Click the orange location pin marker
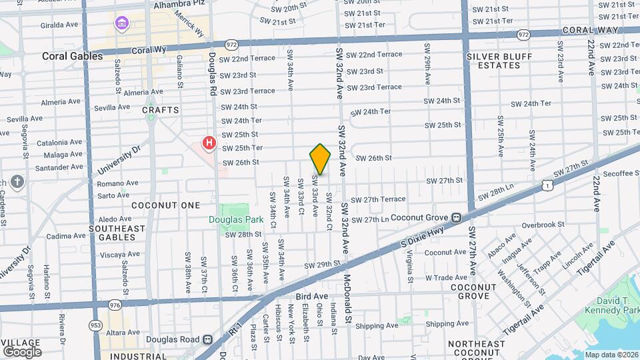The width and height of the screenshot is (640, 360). pyautogui.click(x=320, y=159)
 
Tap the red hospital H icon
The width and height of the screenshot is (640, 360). pyautogui.click(x=209, y=143)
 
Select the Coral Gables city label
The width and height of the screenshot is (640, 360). pyautogui.click(x=72, y=56)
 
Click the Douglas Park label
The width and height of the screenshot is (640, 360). pyautogui.click(x=229, y=219)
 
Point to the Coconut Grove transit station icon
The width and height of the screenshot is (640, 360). pyautogui.click(x=457, y=217)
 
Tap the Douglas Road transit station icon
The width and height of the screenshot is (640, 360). pyautogui.click(x=207, y=339)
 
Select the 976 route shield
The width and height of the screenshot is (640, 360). pyautogui.click(x=123, y=304)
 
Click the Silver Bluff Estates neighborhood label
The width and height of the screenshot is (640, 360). pyautogui.click(x=494, y=61)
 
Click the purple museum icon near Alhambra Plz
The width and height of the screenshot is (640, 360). pyautogui.click(x=121, y=25)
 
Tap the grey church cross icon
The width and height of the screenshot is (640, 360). pyautogui.click(x=17, y=181)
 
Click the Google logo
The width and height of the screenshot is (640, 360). pyautogui.click(x=22, y=351)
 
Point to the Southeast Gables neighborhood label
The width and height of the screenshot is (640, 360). pyautogui.click(x=117, y=233)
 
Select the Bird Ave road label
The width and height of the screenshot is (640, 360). pyautogui.click(x=312, y=296)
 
